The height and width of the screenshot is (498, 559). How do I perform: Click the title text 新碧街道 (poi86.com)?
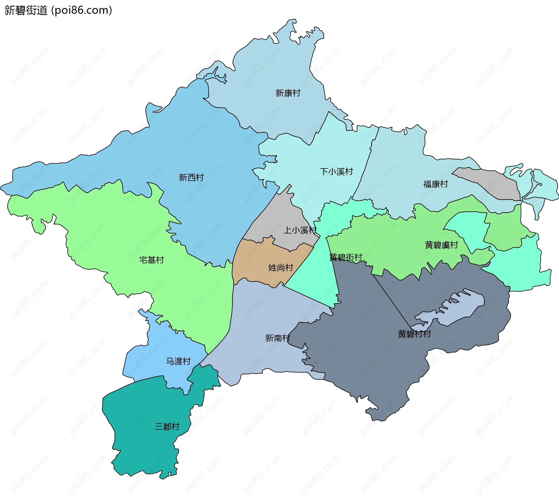tap(58, 10)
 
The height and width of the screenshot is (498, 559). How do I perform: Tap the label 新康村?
tap(288, 93)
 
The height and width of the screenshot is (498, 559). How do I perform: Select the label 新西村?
tap(191, 177)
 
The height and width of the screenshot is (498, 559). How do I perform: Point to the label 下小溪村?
tap(336, 171)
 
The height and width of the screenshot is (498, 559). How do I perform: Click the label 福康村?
tap(435, 184)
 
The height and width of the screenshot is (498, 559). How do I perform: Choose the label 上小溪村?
tap(300, 230)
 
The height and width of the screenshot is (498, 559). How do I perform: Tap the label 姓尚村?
tap(280, 267)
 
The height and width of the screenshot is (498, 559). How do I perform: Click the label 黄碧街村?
tap(345, 257)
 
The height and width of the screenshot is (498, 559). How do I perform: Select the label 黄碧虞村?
tap(441, 245)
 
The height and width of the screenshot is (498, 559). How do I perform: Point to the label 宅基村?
tap(151, 260)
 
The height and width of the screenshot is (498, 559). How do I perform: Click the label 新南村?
tap(277, 338)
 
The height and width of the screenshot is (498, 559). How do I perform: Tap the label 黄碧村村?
tap(414, 334)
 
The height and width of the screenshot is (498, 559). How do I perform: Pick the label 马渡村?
tap(178, 361)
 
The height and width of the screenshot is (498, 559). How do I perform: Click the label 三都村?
tap(167, 427)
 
